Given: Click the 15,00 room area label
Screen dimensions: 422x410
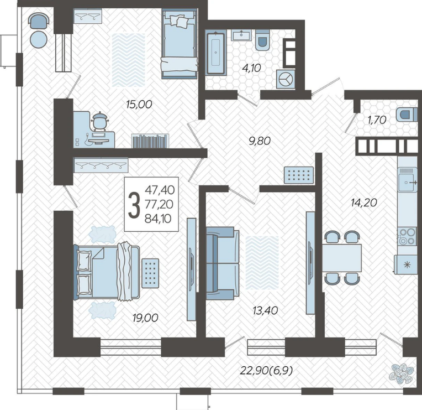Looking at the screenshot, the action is click(x=139, y=105).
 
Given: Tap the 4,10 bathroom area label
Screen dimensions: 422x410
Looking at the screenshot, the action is click(x=251, y=68).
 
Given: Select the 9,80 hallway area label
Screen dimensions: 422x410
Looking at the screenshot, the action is click(x=260, y=141).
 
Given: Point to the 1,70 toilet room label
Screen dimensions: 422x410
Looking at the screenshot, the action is click(x=377, y=120).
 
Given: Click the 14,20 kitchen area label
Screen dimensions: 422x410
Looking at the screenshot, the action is click(x=364, y=202).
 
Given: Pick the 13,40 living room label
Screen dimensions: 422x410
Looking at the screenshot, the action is click(x=265, y=310).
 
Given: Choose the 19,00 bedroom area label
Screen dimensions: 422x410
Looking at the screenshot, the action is click(x=145, y=318).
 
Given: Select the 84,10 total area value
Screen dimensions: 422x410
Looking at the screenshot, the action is click(x=158, y=219).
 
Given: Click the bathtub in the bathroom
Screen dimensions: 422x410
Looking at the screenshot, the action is click(x=216, y=53).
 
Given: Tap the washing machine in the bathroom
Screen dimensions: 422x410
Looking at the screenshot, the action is click(x=286, y=79).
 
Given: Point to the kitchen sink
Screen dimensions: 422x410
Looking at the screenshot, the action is click(x=407, y=183).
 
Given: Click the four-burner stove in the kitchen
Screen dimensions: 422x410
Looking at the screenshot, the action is click(x=407, y=236).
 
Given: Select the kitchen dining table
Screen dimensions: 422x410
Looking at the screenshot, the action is click(x=342, y=257).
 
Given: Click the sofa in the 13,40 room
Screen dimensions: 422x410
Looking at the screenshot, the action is click(x=223, y=263).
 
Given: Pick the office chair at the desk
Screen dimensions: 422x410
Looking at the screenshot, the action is click(x=100, y=120).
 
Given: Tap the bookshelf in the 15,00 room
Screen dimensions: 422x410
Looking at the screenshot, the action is click(x=150, y=141).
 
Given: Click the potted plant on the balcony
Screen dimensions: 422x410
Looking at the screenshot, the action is click(x=401, y=373).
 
